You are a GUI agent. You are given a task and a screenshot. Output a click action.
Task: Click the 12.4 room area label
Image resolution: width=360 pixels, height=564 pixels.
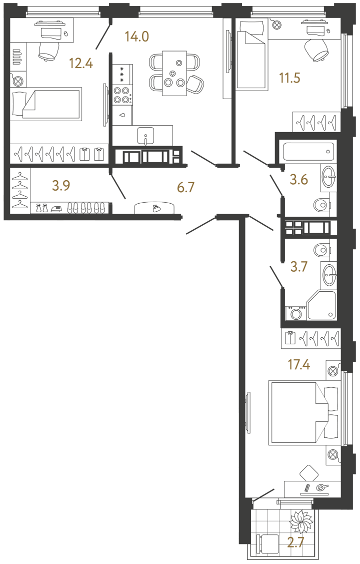81,64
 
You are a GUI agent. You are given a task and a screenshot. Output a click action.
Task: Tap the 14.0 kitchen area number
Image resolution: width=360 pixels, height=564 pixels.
136,36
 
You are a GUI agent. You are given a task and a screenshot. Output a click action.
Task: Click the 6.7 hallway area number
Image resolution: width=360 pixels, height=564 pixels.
185,188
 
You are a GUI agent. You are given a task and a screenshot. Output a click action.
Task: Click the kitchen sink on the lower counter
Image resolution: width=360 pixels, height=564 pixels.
146,134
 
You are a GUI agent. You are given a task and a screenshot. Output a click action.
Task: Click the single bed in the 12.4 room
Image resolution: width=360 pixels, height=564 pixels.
46,104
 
